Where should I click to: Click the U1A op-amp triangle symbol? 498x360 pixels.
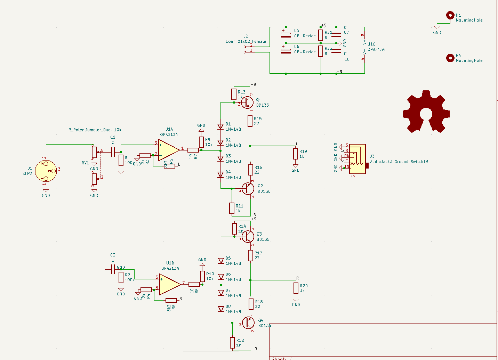tap(168, 150)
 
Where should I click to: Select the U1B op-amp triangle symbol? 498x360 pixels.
tap(169, 284)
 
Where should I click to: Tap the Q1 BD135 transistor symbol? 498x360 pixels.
tap(247, 102)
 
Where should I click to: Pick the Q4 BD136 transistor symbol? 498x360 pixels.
tap(248, 323)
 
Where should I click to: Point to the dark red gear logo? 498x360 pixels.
tap(426, 112)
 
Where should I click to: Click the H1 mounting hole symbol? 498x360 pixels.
tap(450, 15)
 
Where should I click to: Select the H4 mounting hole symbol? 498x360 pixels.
tap(450, 58)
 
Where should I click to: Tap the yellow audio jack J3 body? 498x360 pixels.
tap(358, 159)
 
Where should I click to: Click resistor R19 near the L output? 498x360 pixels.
tap(296, 154)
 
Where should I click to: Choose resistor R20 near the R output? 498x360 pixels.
tap(296, 288)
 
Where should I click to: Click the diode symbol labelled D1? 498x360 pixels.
tap(220, 127)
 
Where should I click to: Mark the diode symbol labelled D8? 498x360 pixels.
tap(221, 309)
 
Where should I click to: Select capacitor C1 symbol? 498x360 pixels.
tap(113, 152)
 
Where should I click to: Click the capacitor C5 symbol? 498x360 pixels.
tap(286, 35)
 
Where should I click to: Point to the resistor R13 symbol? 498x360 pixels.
tap(234, 94)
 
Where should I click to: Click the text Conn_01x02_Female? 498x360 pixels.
tap(246, 41)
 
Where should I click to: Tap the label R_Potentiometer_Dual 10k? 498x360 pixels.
tap(95, 130)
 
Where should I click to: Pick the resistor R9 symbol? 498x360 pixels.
tap(201, 142)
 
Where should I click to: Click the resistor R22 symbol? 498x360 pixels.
tap(321, 51)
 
